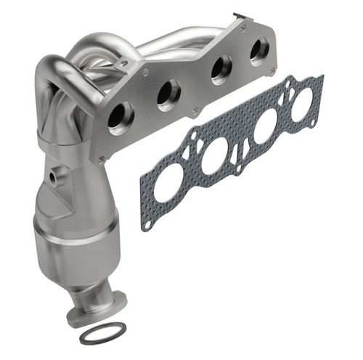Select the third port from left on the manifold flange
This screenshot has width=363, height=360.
[216, 71]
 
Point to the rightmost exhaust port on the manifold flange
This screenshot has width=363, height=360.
[258, 52]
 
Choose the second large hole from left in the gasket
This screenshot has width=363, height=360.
[215, 159]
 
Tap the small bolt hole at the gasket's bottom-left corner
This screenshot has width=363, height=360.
[148, 225]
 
